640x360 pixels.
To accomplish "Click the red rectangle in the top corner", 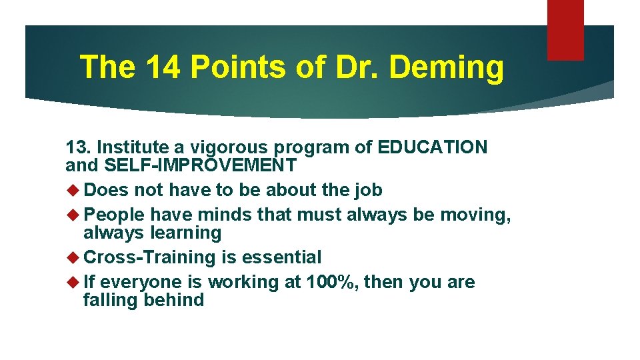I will pos(565,29).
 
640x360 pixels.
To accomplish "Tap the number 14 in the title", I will pos(161,67).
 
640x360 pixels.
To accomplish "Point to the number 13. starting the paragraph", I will pos(79,147).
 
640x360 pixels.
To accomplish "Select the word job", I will pos(367,190).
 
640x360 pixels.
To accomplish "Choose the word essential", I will pos(281,257).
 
